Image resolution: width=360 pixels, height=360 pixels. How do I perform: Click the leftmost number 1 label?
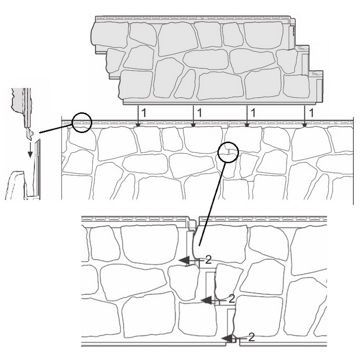(x=143, y=112)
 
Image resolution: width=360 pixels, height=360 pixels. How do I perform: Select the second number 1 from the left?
(x=199, y=112)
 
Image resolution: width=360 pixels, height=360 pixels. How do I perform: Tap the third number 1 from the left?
(x=253, y=112)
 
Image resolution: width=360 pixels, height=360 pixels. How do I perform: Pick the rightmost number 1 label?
(x=312, y=112)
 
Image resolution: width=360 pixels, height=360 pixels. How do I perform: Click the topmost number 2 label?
(x=208, y=260)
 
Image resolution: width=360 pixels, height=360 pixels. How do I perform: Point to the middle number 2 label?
(x=232, y=299)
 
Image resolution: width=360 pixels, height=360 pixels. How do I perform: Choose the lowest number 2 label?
(x=252, y=337)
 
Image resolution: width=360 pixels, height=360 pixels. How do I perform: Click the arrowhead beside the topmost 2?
(x=184, y=261)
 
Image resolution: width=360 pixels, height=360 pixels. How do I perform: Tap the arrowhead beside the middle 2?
(x=206, y=300)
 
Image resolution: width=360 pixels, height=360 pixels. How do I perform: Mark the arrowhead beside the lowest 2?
(x=228, y=338)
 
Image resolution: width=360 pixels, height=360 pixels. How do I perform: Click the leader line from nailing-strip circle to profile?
(x=56, y=128)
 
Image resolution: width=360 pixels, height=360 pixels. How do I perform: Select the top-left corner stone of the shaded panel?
(x=110, y=34)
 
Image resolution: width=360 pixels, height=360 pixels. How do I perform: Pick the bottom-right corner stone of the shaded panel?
(x=297, y=86)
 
